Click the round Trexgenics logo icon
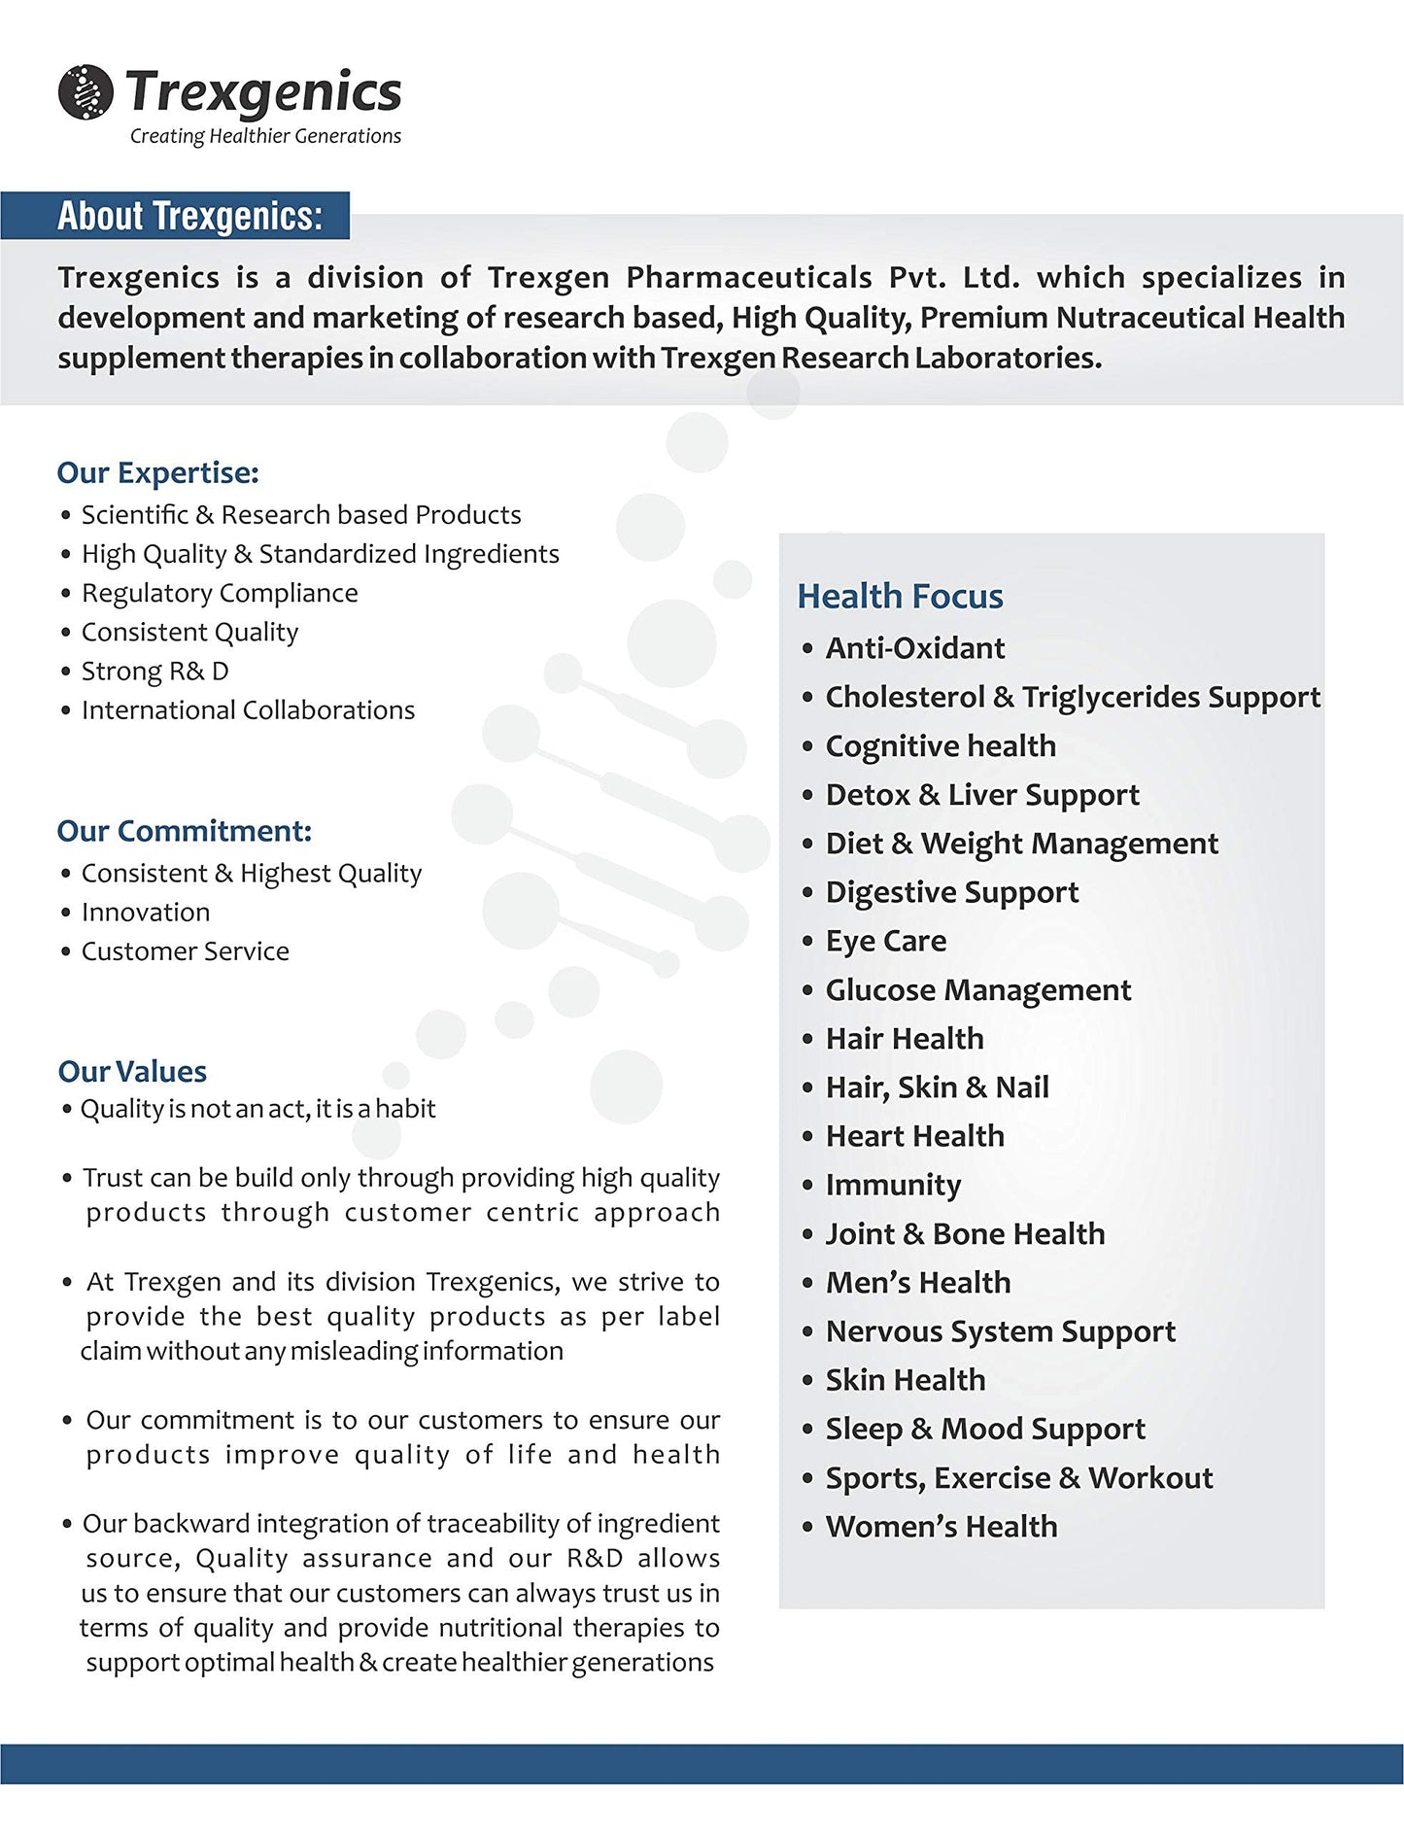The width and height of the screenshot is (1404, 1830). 86,92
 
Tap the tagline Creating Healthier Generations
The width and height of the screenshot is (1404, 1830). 265,136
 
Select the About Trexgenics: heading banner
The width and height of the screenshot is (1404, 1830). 189,216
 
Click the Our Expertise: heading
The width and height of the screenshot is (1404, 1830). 158,473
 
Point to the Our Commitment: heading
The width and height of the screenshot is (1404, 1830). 185,832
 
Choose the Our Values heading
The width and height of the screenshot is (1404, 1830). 132,1072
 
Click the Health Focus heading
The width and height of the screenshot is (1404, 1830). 900,597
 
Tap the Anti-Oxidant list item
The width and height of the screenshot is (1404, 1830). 914,648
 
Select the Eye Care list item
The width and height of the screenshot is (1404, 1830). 885,941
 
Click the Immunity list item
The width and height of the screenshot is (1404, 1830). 893,1185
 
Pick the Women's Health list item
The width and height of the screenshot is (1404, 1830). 941,1527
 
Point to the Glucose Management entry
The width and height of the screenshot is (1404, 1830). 977,990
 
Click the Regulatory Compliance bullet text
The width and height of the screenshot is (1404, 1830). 220,593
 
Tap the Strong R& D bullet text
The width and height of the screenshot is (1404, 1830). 155,672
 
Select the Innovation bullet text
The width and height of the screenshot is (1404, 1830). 146,913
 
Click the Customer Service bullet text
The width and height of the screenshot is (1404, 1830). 186,951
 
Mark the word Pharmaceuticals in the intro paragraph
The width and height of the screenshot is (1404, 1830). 748,278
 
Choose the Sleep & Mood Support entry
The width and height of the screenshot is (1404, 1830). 985,1430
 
